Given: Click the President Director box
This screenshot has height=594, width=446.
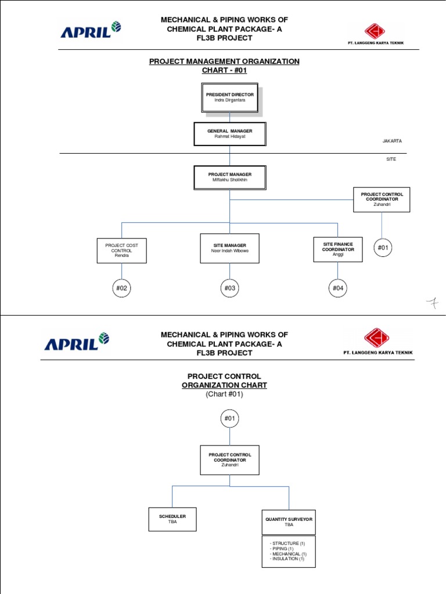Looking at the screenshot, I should click(229, 97).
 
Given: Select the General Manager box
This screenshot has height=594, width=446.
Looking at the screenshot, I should click(229, 134).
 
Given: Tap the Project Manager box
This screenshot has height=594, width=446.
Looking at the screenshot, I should click(229, 177).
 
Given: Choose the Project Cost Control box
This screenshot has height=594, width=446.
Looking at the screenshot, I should click(121, 250).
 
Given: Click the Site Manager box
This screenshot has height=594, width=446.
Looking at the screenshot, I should click(229, 248).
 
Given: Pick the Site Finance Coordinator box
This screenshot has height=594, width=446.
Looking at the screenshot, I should click(338, 249).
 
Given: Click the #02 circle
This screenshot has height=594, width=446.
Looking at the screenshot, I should click(121, 288).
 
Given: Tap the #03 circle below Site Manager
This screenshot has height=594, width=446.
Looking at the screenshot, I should click(229, 288).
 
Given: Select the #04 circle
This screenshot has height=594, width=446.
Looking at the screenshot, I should click(338, 288).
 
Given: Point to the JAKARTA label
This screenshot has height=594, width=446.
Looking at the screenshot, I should click(391, 141).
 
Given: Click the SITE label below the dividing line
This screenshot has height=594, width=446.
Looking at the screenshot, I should click(391, 159).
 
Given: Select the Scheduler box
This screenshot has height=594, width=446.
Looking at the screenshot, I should click(172, 519).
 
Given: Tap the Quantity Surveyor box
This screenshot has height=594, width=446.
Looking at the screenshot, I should click(289, 521).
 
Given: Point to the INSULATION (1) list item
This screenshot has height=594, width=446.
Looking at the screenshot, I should click(288, 559).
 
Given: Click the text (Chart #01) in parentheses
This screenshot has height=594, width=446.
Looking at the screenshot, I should click(224, 394).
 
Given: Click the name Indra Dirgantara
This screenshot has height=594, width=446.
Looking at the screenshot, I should click(229, 100).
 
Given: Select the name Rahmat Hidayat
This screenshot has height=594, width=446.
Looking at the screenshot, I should click(229, 137).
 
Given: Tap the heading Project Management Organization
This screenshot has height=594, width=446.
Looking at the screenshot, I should click(224, 61).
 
